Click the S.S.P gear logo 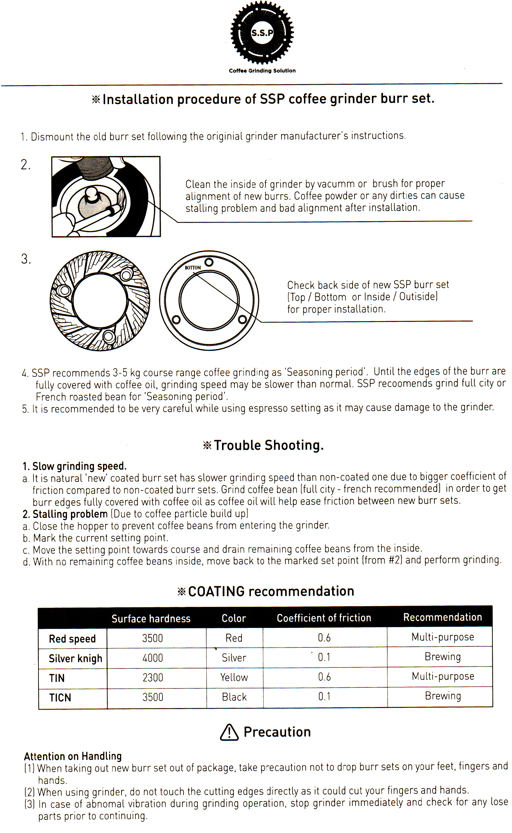pyautogui.click(x=262, y=33)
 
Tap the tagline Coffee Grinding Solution pyautogui.click(x=262, y=71)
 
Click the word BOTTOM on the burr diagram pyautogui.click(x=193, y=267)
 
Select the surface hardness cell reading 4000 pyautogui.click(x=152, y=658)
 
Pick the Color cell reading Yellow pyautogui.click(x=234, y=677)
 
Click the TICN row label pyautogui.click(x=60, y=697)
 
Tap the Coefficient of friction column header pyautogui.click(x=324, y=618)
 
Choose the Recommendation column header pyautogui.click(x=442, y=617)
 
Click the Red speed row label pyautogui.click(x=72, y=639)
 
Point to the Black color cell pyautogui.click(x=234, y=697)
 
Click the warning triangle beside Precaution pyautogui.click(x=229, y=733)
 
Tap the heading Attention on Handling pyautogui.click(x=73, y=756)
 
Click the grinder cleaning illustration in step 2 pyautogui.click(x=106, y=197)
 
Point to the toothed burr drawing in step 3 pyautogui.click(x=100, y=301)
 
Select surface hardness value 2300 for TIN pyautogui.click(x=153, y=677)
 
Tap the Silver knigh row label pyautogui.click(x=75, y=658)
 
